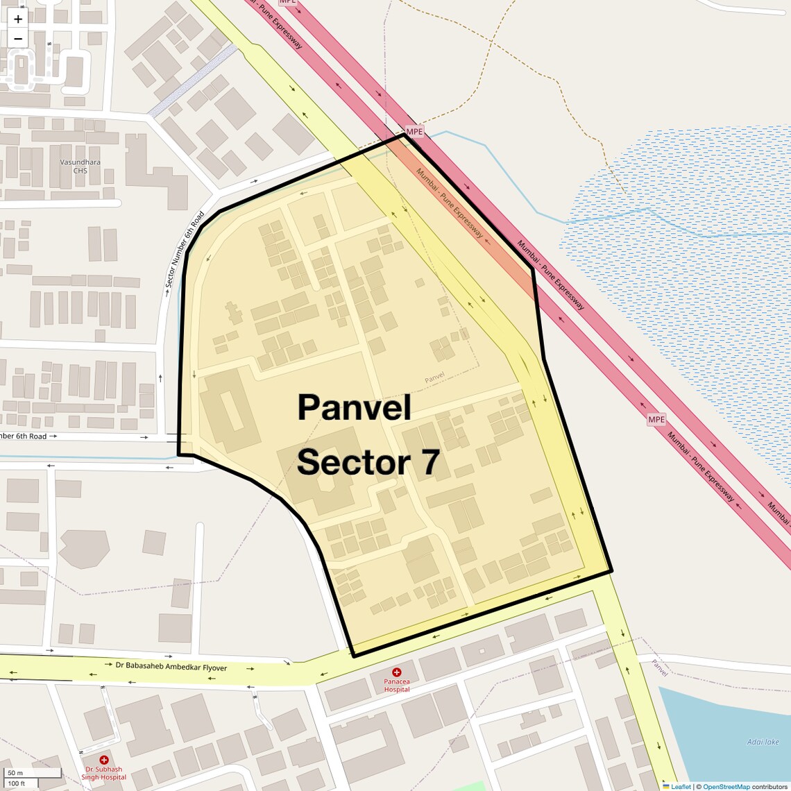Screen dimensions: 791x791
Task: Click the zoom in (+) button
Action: pyautogui.click(x=18, y=19)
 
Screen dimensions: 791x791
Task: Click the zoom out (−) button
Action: pyautogui.click(x=18, y=39)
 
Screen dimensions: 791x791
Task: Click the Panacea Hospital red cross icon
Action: pyautogui.click(x=396, y=672)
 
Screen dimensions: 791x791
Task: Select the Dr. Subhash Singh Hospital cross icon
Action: pyautogui.click(x=104, y=760)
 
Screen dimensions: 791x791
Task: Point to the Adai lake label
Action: pyautogui.click(x=763, y=742)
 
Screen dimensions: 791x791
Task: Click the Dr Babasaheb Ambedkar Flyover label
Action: pyautogui.click(x=171, y=667)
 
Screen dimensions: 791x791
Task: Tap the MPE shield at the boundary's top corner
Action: pyautogui.click(x=414, y=132)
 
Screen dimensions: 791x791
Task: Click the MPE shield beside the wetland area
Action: pyautogui.click(x=656, y=419)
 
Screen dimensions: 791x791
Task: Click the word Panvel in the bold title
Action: pyautogui.click(x=354, y=407)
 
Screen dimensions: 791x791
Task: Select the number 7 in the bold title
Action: pyautogui.click(x=430, y=463)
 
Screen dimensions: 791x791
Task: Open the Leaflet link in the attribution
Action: pyautogui.click(x=681, y=786)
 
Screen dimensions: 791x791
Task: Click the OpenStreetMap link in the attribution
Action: pyautogui.click(x=726, y=786)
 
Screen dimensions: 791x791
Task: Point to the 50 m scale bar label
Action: pyautogui.click(x=15, y=773)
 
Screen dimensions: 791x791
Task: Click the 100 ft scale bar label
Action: pyautogui.click(x=17, y=783)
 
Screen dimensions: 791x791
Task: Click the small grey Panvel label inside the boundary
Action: pyautogui.click(x=434, y=378)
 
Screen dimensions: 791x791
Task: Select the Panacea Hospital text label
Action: pyautogui.click(x=396, y=686)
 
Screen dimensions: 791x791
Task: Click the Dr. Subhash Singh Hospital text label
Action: pyautogui.click(x=103, y=773)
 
